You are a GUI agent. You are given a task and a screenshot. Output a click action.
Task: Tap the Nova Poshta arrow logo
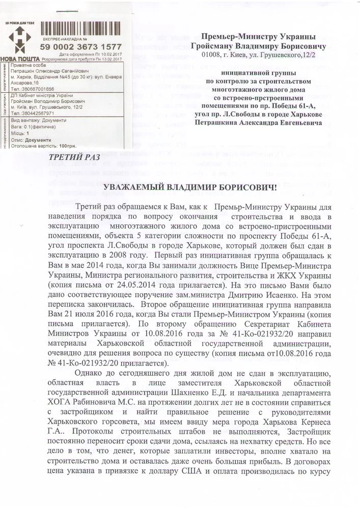(x=19, y=40)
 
